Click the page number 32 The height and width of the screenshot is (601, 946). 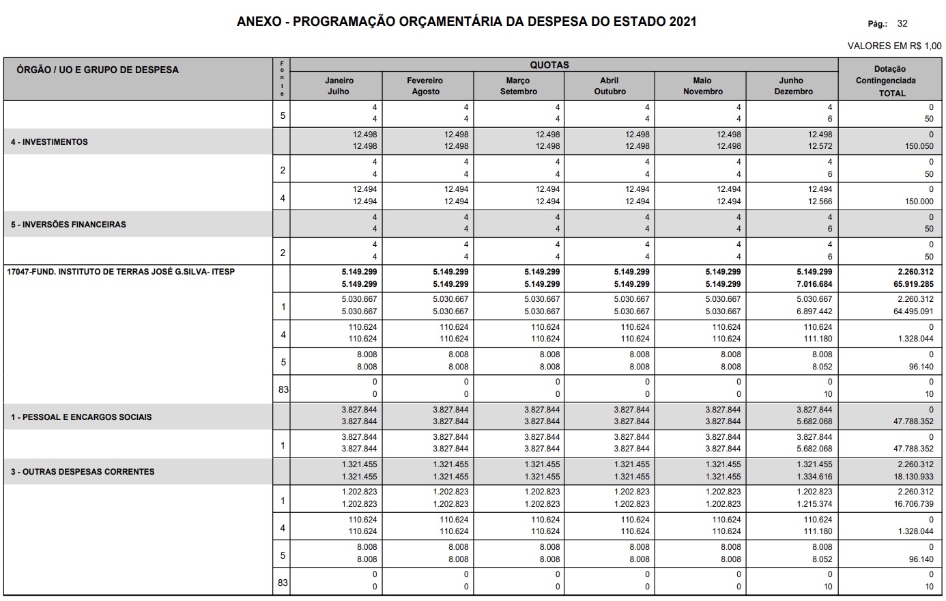coord(902,23)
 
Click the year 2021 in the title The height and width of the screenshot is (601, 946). coord(682,21)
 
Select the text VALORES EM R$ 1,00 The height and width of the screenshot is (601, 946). coord(894,46)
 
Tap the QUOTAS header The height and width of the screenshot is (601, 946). coord(549,65)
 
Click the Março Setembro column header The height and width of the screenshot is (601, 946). coord(519,86)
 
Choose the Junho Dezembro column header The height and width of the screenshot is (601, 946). coord(791,86)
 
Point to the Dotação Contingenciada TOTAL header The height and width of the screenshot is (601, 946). coord(890,81)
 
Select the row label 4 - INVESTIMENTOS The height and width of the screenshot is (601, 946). coord(49,142)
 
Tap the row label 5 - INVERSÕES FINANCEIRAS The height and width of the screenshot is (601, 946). coord(68,224)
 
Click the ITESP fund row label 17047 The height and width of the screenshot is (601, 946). coord(120,272)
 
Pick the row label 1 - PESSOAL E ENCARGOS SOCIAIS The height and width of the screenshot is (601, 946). coord(81,417)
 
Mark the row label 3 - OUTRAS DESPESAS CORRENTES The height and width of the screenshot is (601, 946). coord(83,471)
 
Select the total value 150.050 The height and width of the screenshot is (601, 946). coord(919,146)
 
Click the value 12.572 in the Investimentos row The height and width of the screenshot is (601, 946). coord(820,146)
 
